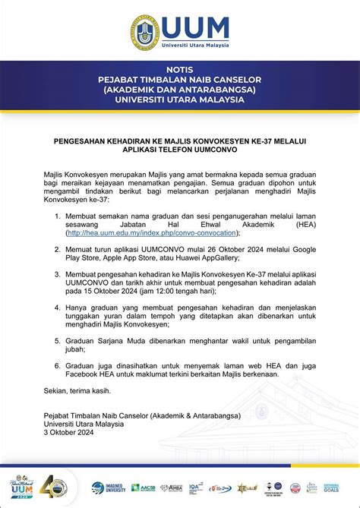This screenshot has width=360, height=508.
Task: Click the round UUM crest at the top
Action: (144, 31)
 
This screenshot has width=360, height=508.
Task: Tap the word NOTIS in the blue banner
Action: (179, 69)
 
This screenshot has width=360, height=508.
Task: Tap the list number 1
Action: (58, 216)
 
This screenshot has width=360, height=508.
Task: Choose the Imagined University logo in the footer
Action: (109, 487)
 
